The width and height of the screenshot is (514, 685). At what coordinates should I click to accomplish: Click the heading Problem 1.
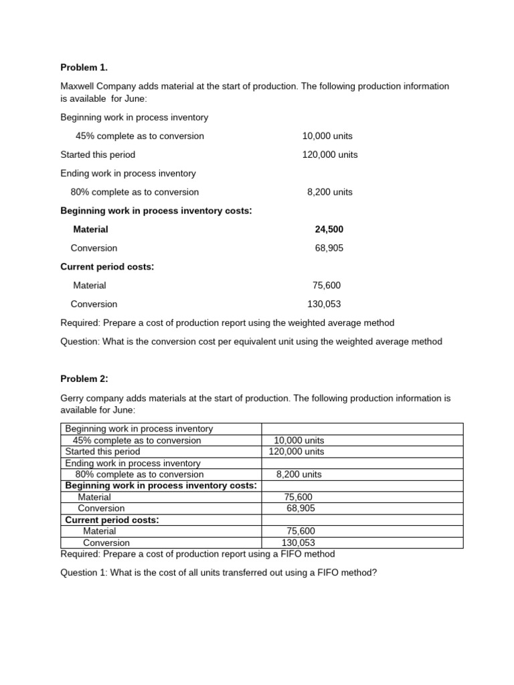[x=84, y=68]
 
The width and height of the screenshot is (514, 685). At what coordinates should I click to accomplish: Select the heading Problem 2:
[x=84, y=379]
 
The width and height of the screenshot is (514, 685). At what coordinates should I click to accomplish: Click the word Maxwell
[x=79, y=86]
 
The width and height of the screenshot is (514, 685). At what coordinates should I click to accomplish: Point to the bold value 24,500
[x=329, y=229]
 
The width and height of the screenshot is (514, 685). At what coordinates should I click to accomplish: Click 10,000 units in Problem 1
[x=327, y=136]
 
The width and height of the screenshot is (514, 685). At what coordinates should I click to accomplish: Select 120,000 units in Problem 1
[x=329, y=155]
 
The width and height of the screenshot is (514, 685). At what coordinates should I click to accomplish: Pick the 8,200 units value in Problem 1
[x=329, y=192]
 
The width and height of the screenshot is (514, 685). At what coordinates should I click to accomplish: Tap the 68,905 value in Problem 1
[x=329, y=248]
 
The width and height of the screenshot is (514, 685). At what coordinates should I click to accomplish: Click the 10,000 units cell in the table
[x=298, y=440]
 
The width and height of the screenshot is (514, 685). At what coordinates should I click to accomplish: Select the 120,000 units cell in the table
[x=296, y=452]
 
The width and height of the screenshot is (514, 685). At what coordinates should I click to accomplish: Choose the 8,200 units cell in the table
[x=298, y=474]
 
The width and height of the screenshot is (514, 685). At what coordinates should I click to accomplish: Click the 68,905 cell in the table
[x=301, y=508]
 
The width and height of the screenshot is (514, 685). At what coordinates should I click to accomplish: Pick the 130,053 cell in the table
[x=298, y=543]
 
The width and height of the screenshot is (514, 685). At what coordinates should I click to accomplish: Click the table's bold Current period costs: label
[x=112, y=520]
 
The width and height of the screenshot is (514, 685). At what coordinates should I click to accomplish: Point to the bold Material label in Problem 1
[x=90, y=229]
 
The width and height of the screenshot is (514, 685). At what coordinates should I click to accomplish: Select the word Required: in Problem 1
[x=80, y=322]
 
